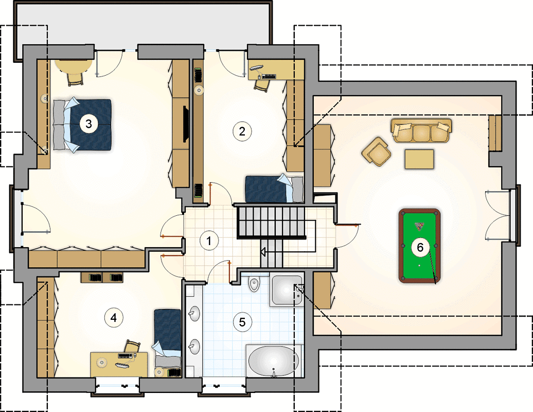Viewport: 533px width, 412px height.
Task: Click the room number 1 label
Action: coord(209,241)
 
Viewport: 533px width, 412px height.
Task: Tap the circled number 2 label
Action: coord(242,131)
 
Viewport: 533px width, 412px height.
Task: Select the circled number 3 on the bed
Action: coord(88,124)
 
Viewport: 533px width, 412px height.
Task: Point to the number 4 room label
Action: coord(114,318)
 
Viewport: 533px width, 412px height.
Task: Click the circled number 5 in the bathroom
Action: coord(242,322)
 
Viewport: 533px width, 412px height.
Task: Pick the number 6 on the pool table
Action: coord(420,247)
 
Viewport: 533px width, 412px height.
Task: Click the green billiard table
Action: coord(419,246)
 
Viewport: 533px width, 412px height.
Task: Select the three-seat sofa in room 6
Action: coord(421,130)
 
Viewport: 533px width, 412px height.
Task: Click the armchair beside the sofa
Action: coord(376,152)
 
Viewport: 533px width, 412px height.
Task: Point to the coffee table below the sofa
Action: coord(419,159)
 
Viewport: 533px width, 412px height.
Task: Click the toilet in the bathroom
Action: coord(254,284)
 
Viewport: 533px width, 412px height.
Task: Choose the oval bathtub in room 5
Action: coord(274,362)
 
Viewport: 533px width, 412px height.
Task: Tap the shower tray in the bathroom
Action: coord(287,289)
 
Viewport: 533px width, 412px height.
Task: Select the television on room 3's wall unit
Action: coord(186,124)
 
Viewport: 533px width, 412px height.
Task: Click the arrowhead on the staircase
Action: coord(263,252)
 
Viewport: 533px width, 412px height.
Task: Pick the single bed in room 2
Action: coord(274,189)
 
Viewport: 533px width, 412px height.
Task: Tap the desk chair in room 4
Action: coord(132,347)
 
